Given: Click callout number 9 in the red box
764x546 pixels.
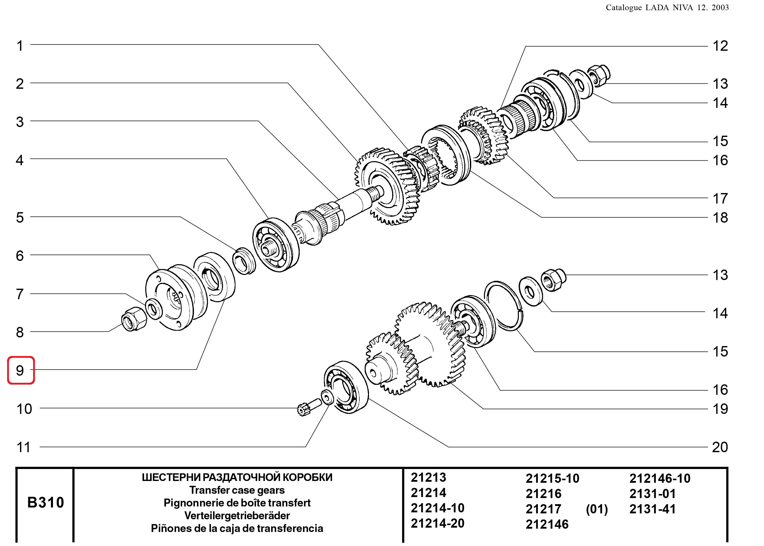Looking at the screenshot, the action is click(20, 371).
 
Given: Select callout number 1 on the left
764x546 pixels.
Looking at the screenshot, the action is click(20, 46).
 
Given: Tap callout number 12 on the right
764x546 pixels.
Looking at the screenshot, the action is click(720, 46).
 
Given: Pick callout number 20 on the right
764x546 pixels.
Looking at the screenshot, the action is click(720, 447).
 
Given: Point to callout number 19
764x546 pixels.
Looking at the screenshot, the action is click(720, 409).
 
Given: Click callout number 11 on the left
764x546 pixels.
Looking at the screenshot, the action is click(23, 447).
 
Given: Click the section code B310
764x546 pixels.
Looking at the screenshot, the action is click(45, 502).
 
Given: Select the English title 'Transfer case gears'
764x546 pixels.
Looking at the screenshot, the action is click(237, 490).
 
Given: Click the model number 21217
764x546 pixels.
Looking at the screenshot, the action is click(543, 509).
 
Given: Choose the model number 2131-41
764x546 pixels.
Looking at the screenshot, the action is click(652, 509).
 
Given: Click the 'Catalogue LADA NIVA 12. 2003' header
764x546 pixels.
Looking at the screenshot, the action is click(667, 8).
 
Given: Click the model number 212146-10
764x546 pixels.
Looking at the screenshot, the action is click(660, 478).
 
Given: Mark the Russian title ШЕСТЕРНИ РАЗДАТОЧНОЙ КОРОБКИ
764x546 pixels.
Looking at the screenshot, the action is click(237, 477).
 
